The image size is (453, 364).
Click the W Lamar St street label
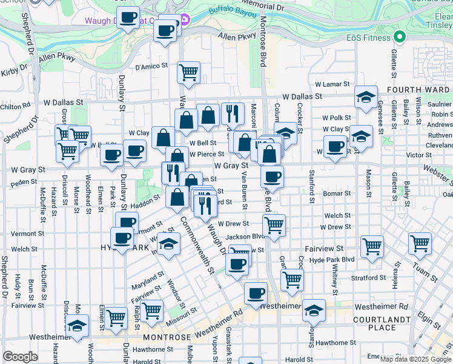pos(332,84)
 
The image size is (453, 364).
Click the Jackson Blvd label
pos(246,237)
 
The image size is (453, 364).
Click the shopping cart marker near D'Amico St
pos(188,72)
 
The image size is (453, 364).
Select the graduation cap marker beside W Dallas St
pos(366,96)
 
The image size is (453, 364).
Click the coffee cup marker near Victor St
pos(335,146)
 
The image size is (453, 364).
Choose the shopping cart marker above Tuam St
pos(420,243)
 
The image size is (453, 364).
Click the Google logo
pos(20,357)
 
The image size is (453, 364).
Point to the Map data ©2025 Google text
pos(416,359)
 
